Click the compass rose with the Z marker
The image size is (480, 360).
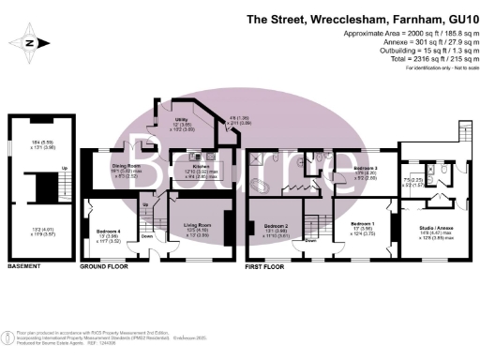tap(31, 42)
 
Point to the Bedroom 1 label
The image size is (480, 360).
tap(361, 225)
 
